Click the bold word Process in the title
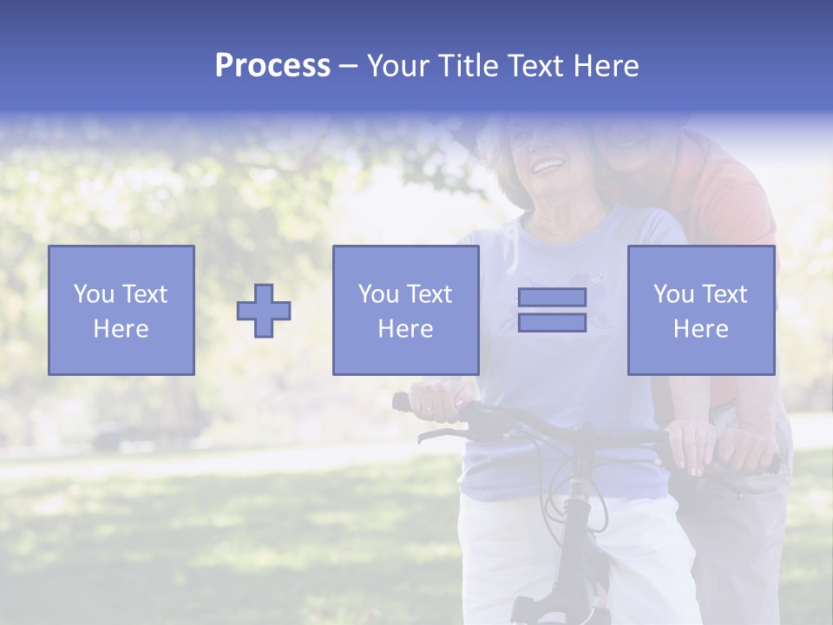272,66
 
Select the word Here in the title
605,66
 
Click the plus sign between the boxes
264,311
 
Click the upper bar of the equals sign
552,297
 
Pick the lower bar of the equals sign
552,323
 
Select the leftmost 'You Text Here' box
121,311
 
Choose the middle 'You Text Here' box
406,311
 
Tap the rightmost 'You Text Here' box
701,311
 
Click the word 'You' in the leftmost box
93,294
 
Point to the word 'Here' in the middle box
406,329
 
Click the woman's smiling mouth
548,163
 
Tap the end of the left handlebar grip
400,402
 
